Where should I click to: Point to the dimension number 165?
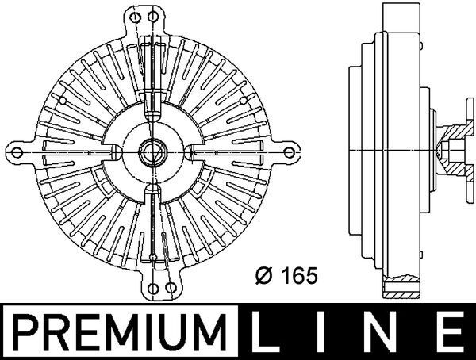(302, 276)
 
